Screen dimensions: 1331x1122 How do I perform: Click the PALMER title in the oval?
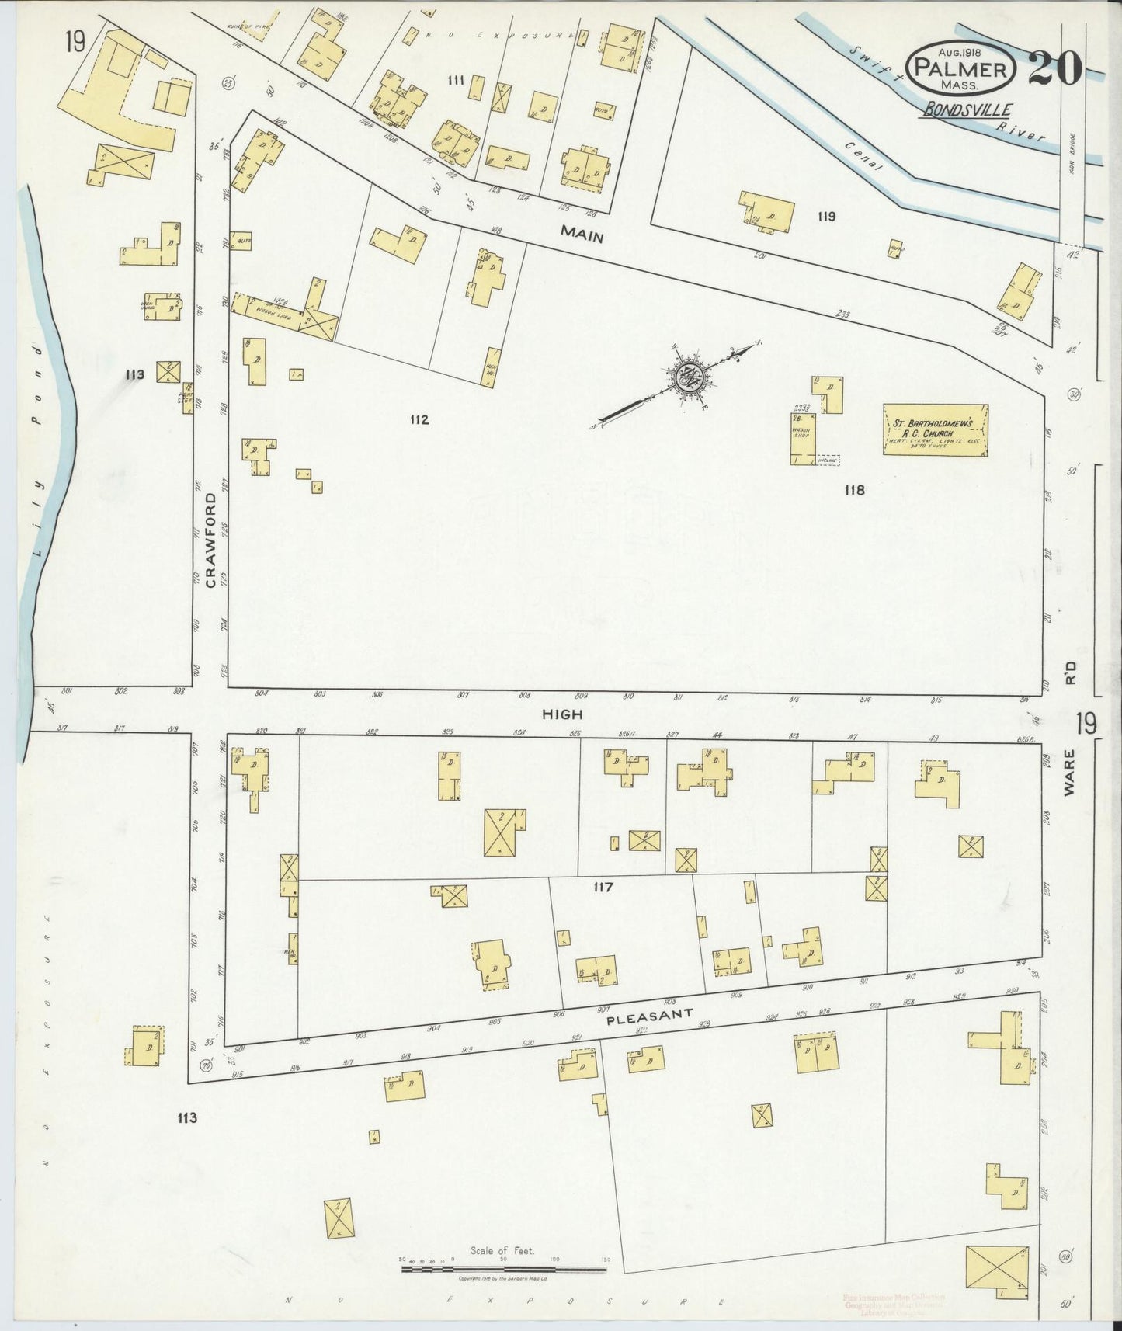pos(960,68)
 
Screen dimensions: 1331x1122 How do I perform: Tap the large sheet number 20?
pos(1055,69)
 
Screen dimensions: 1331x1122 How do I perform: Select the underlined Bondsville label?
pos(966,110)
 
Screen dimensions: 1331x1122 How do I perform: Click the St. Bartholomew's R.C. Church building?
pos(936,429)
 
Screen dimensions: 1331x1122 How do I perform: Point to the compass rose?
pos(688,378)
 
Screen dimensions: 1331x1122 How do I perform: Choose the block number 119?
pos(825,217)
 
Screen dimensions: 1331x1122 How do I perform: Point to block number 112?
pos(419,420)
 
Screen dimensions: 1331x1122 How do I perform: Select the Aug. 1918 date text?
pos(959,51)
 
